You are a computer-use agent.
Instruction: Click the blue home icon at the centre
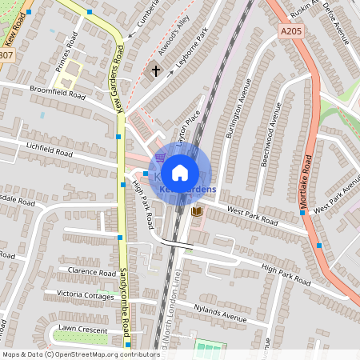[x=180, y=171]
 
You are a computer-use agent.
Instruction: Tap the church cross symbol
[x=155, y=71]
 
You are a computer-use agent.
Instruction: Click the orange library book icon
[x=197, y=211]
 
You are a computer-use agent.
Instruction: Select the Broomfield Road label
[x=57, y=92]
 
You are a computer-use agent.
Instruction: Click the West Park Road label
[x=252, y=215]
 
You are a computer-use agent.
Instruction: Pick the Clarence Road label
[x=93, y=272]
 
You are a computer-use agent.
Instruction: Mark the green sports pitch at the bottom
[x=210, y=350]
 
